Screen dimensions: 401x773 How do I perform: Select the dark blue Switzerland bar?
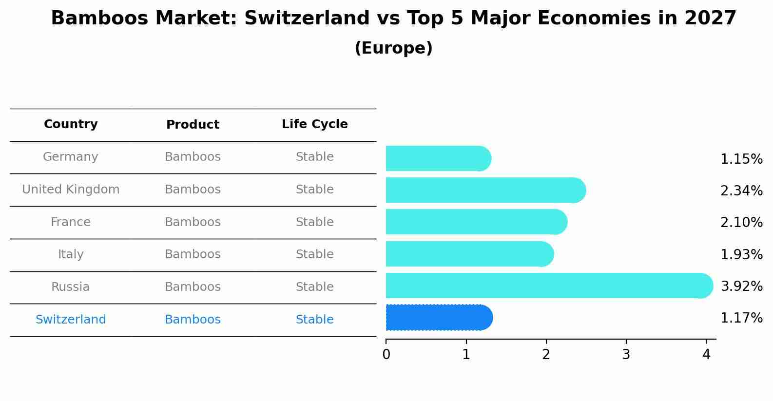tap(436, 318)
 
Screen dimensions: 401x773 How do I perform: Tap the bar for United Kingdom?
tap(483, 190)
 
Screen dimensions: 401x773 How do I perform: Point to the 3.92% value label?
tap(741, 286)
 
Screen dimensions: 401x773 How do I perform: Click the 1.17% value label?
tap(741, 318)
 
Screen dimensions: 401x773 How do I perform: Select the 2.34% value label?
tap(741, 191)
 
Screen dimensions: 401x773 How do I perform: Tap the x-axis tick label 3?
tap(626, 355)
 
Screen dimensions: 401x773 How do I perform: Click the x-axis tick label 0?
tap(386, 355)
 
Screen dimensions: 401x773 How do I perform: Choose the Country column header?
tap(71, 124)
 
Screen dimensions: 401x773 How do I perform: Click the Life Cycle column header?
tap(314, 124)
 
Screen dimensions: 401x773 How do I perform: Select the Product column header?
tap(193, 125)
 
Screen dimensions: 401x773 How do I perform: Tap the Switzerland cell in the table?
tap(71, 320)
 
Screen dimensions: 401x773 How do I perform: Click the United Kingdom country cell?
tap(71, 190)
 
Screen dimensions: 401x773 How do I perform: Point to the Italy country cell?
tap(71, 254)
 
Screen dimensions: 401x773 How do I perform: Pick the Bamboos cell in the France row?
tap(193, 222)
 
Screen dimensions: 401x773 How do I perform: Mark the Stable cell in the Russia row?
tap(314, 287)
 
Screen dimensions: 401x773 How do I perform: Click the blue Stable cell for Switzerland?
tap(314, 320)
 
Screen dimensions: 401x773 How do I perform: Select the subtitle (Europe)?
tap(393, 48)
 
